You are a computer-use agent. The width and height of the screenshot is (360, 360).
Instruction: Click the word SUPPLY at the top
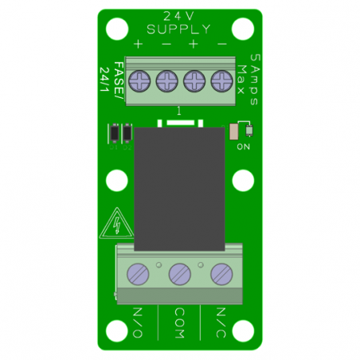(179, 29)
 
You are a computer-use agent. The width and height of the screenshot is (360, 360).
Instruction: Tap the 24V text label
(179, 16)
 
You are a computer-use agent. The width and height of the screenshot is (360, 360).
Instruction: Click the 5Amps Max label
(248, 72)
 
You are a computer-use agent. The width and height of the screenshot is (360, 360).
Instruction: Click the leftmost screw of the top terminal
(140, 80)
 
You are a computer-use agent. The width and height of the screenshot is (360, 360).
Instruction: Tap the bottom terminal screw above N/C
(221, 275)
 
